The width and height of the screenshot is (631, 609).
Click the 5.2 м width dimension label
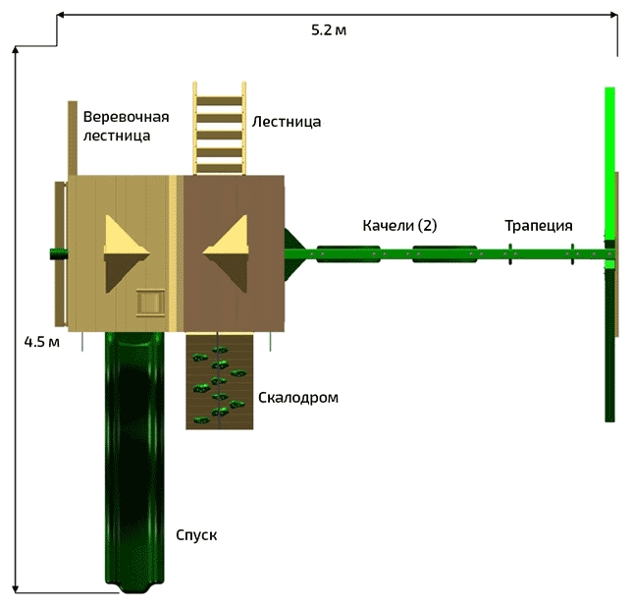point(329,30)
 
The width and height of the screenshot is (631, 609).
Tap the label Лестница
point(287,122)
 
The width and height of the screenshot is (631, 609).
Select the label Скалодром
point(298,398)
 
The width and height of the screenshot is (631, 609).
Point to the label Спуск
point(196,535)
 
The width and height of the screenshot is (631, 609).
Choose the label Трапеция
point(539,225)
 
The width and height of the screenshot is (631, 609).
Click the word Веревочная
point(126,117)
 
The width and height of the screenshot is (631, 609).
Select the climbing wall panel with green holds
point(219,381)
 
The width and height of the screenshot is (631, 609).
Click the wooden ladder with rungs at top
point(219,129)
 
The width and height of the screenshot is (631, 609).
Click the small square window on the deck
point(150,302)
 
